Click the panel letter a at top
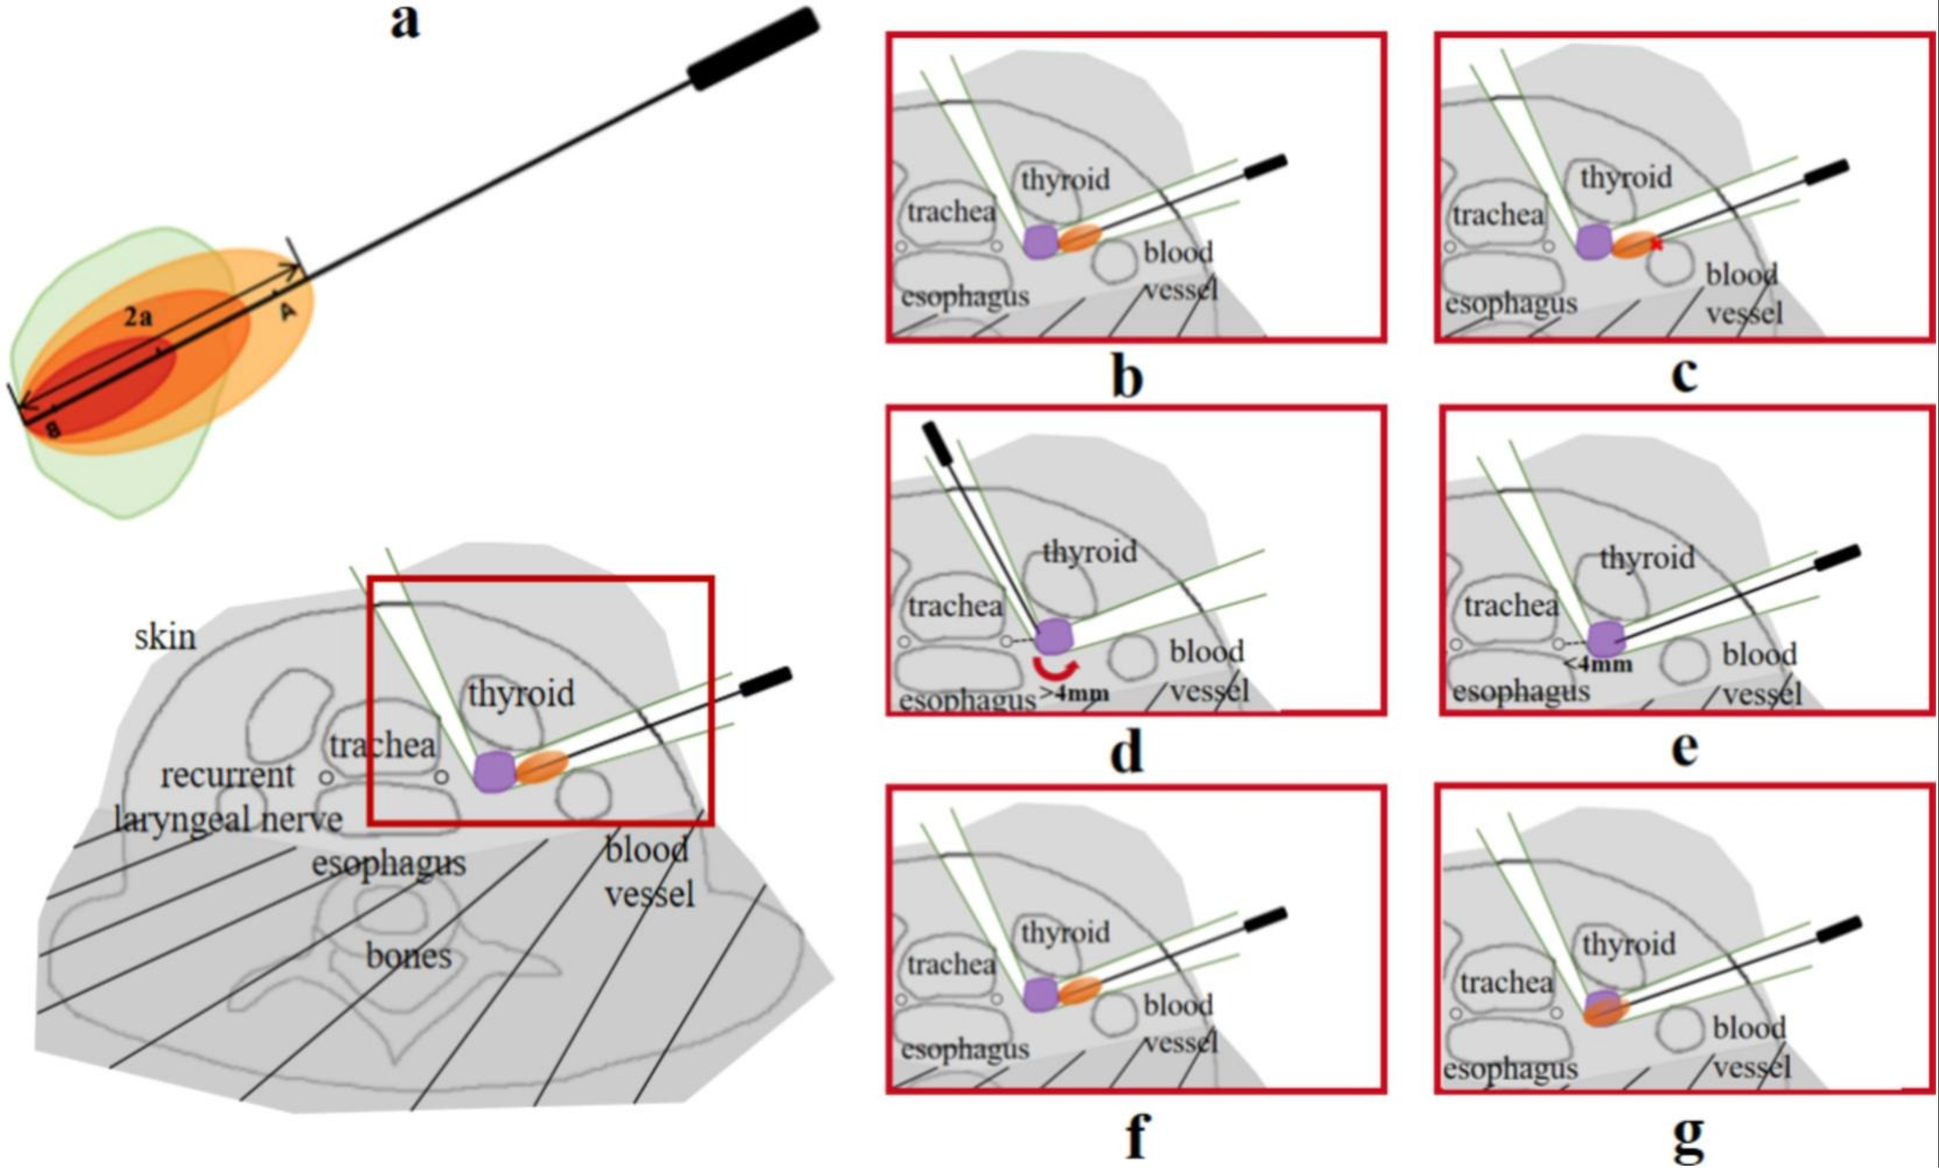405,22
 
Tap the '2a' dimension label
138,317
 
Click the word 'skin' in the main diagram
165,636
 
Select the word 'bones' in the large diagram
408,956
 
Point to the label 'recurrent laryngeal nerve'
228,797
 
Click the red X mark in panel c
1656,244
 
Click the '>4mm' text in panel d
1074,694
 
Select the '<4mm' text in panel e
1598,664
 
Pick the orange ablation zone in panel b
1079,237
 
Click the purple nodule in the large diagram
494,771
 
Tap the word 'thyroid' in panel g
1629,943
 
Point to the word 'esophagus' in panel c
1510,304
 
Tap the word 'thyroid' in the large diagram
521,694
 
